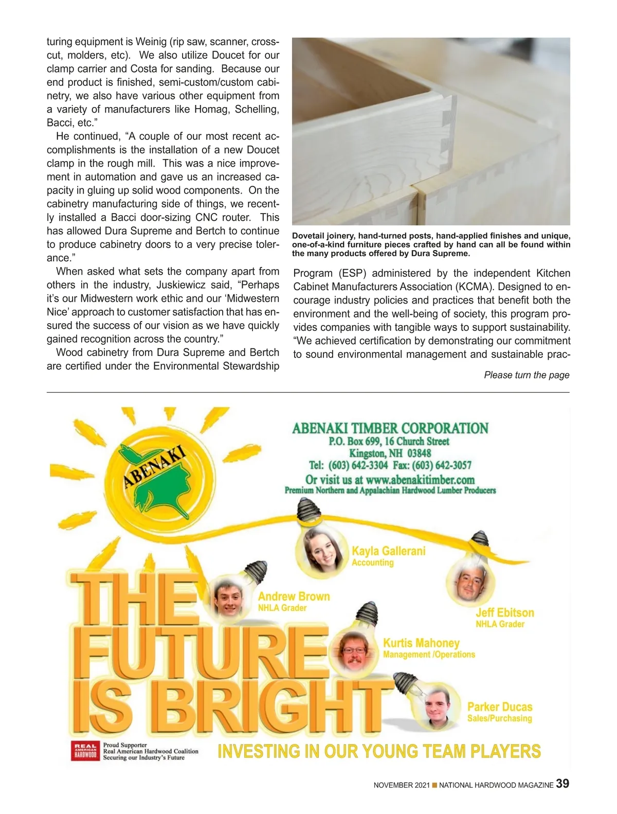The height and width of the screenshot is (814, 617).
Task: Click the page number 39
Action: point(562,784)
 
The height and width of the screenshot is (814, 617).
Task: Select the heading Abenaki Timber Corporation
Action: point(390,428)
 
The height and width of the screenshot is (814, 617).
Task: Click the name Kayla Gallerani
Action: point(388,551)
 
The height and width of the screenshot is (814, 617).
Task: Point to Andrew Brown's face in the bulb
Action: point(228,598)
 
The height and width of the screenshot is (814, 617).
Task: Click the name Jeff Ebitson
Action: point(504,612)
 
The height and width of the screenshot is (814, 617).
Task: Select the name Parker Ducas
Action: point(499,706)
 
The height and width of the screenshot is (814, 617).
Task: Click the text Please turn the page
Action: point(527,375)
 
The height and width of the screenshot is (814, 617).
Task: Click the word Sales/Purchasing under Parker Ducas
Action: point(499,718)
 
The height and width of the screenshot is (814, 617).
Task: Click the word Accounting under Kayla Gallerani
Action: point(372,562)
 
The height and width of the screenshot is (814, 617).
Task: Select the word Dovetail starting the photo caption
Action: point(308,236)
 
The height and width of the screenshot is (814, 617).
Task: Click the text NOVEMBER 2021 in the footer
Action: point(401,785)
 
